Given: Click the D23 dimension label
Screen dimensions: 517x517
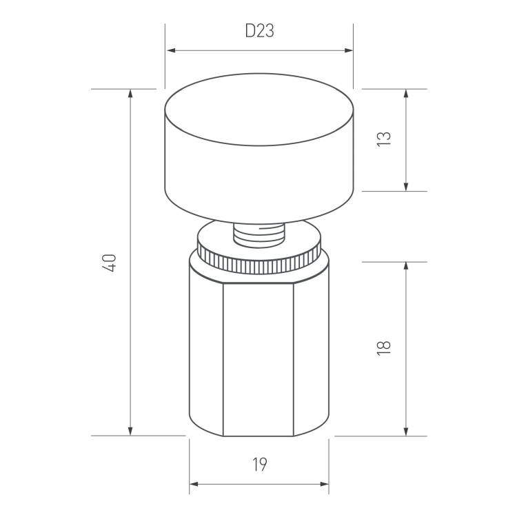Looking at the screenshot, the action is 259,31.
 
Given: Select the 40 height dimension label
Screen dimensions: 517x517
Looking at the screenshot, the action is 110,263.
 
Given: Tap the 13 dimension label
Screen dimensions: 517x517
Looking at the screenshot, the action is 384,139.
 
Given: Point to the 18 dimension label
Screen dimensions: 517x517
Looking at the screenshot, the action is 384,347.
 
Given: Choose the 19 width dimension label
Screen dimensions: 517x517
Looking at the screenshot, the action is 260,464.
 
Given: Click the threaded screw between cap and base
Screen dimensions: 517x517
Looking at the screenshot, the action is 258,235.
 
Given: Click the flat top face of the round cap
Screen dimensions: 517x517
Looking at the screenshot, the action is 259,110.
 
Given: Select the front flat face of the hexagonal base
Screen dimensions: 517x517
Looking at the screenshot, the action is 258,358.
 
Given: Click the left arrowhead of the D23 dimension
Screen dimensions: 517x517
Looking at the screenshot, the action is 171,50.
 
